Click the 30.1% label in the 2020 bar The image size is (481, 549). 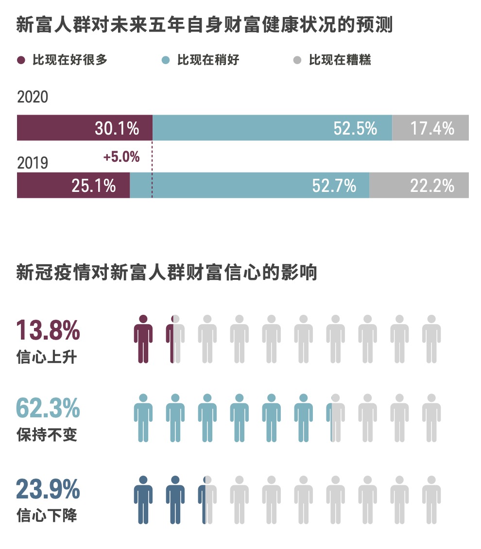coord(117,128)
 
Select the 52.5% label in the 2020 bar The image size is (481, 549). coord(355,128)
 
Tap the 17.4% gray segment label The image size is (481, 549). coord(432,128)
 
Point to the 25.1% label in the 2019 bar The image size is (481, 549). coord(93,185)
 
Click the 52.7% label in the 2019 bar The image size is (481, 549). coord(334,185)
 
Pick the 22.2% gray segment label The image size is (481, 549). coord(432,185)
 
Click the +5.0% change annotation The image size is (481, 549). coord(121,157)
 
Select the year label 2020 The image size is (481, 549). coord(33,97)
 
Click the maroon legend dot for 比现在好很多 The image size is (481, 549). coord(21,60)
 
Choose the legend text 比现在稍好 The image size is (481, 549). coord(208,60)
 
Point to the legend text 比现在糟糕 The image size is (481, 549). coord(340,60)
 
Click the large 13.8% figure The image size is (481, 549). coord(48,330)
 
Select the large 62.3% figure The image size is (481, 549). coord(48,408)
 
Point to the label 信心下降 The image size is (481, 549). coord(46,515)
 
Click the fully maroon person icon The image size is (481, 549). coord(143,339)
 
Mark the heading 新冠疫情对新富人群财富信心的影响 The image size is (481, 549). coord(166,273)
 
